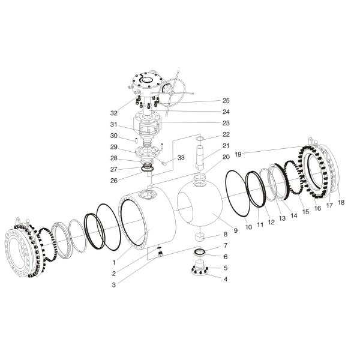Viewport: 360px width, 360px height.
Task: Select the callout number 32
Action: pos(113,113)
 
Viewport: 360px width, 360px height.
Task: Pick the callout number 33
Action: pos(181,158)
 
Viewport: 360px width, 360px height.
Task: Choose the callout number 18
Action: pos(341,203)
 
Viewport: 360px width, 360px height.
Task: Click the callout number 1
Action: pos(113,262)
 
